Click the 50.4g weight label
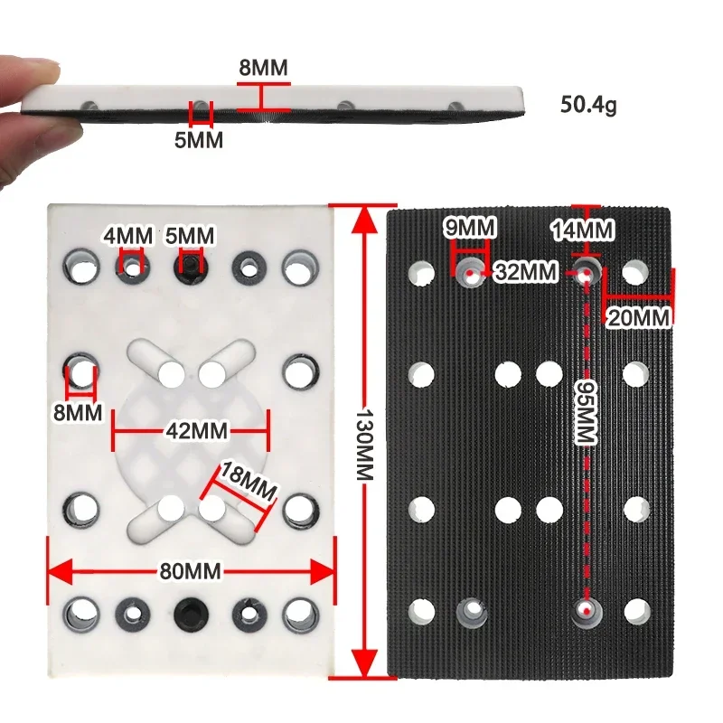[588, 105]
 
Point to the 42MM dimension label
[190, 430]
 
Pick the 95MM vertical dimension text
[585, 412]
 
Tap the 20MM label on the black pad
[638, 317]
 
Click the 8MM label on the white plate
[78, 412]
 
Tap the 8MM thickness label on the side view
[263, 67]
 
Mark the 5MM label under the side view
[199, 139]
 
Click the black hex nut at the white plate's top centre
[190, 264]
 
